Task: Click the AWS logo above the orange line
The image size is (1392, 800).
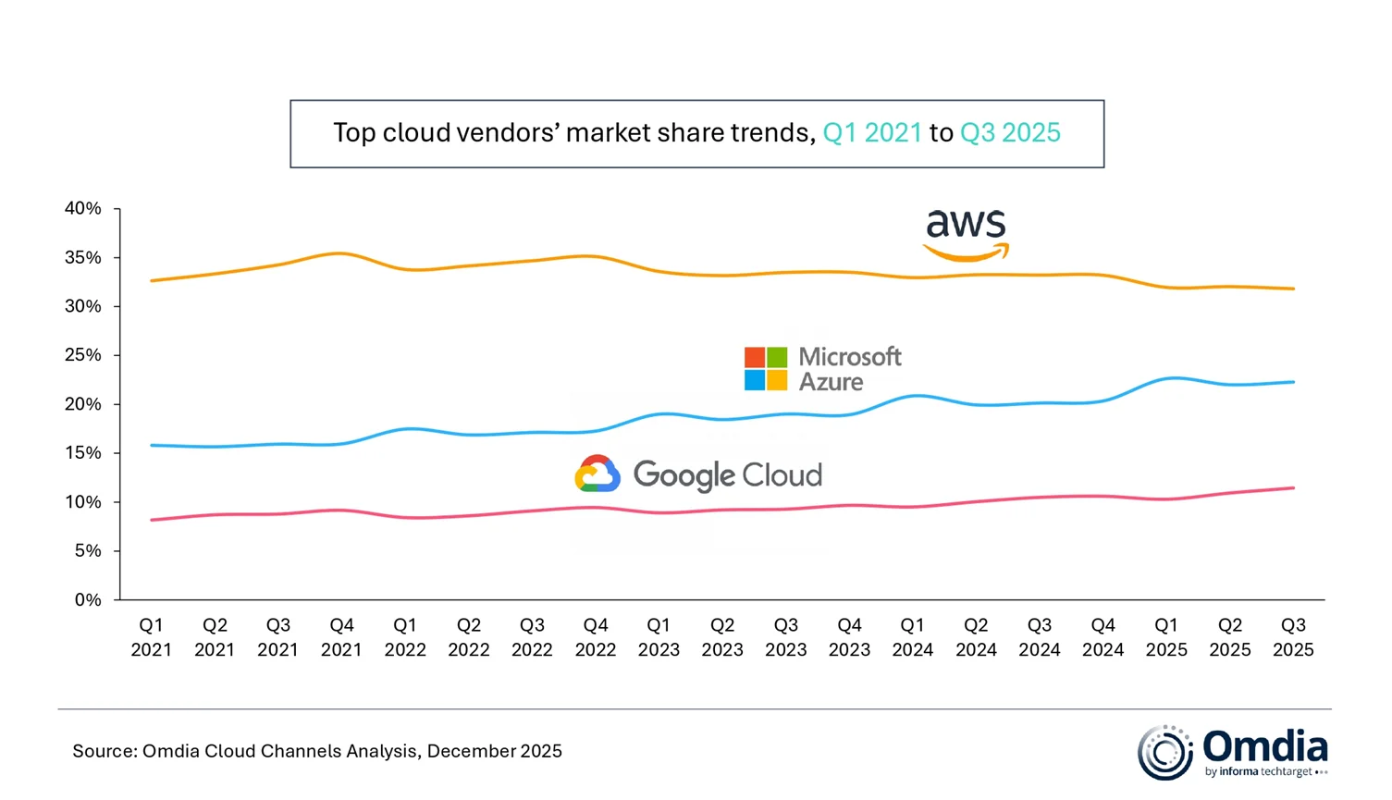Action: point(966,235)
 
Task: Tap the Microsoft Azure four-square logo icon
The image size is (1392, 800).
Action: point(766,369)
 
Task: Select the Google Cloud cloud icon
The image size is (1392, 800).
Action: point(597,474)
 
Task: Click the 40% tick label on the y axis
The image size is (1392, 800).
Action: point(83,209)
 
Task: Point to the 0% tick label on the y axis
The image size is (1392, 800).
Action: point(88,600)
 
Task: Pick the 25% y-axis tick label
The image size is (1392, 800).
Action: point(83,355)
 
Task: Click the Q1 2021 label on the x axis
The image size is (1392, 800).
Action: point(151,637)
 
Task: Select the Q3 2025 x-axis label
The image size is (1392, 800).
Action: point(1293,637)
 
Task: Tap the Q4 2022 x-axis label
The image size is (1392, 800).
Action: point(596,637)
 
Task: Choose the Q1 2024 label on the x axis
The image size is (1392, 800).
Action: point(913,637)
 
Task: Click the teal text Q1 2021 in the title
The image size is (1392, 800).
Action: point(872,133)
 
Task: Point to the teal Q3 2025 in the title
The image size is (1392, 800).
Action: point(1010,133)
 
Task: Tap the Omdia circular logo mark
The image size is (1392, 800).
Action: point(1165,752)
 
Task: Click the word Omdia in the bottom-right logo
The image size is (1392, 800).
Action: point(1265,745)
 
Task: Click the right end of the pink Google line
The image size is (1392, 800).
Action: point(1293,488)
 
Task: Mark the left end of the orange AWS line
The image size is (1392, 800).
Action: point(152,280)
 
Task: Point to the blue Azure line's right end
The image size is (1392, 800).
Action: point(1293,382)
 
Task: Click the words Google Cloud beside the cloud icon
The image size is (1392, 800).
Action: point(728,475)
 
